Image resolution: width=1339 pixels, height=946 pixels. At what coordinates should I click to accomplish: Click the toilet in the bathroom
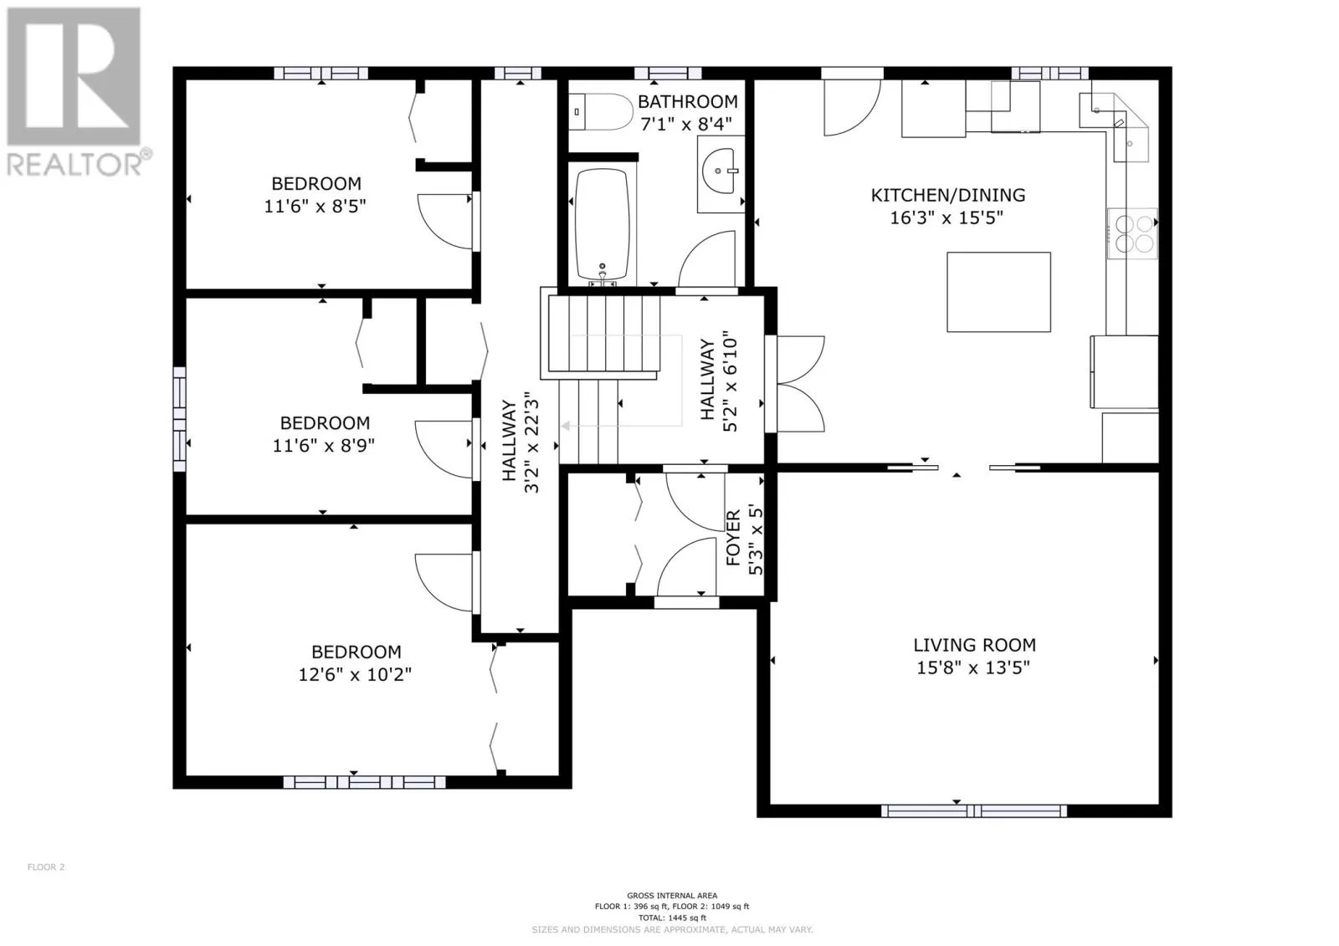(x=600, y=112)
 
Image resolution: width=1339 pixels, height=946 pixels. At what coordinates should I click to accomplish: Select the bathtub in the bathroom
(x=602, y=225)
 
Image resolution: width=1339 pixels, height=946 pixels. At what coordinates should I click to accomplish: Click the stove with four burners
(x=1132, y=233)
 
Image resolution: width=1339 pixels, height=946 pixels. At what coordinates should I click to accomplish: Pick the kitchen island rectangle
(x=998, y=292)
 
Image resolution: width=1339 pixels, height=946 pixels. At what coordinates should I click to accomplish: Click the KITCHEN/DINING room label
(x=948, y=195)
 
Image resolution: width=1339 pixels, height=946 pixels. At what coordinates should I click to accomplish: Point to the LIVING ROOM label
(x=974, y=645)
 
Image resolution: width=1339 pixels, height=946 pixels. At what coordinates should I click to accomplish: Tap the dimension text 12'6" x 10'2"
(x=355, y=674)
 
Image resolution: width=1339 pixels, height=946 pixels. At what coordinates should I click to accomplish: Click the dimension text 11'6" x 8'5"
(x=315, y=206)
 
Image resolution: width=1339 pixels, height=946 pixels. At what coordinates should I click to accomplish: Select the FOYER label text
(x=733, y=537)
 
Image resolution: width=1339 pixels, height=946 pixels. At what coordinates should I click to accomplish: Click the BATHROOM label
(x=687, y=101)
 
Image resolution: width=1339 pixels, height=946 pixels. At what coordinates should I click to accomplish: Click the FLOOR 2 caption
(x=46, y=867)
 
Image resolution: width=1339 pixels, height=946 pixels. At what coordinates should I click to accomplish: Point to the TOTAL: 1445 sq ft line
(x=672, y=918)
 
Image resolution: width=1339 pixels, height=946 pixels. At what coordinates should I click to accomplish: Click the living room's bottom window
(x=974, y=811)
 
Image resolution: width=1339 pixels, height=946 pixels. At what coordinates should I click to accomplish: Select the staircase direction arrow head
(x=564, y=426)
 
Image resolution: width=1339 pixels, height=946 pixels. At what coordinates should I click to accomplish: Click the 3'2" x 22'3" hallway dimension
(x=531, y=442)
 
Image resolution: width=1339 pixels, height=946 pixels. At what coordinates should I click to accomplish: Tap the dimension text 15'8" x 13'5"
(x=973, y=667)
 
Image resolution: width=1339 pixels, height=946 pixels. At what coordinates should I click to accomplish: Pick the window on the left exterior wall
(x=179, y=420)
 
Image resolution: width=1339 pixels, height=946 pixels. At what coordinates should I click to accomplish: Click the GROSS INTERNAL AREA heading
(x=672, y=895)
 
